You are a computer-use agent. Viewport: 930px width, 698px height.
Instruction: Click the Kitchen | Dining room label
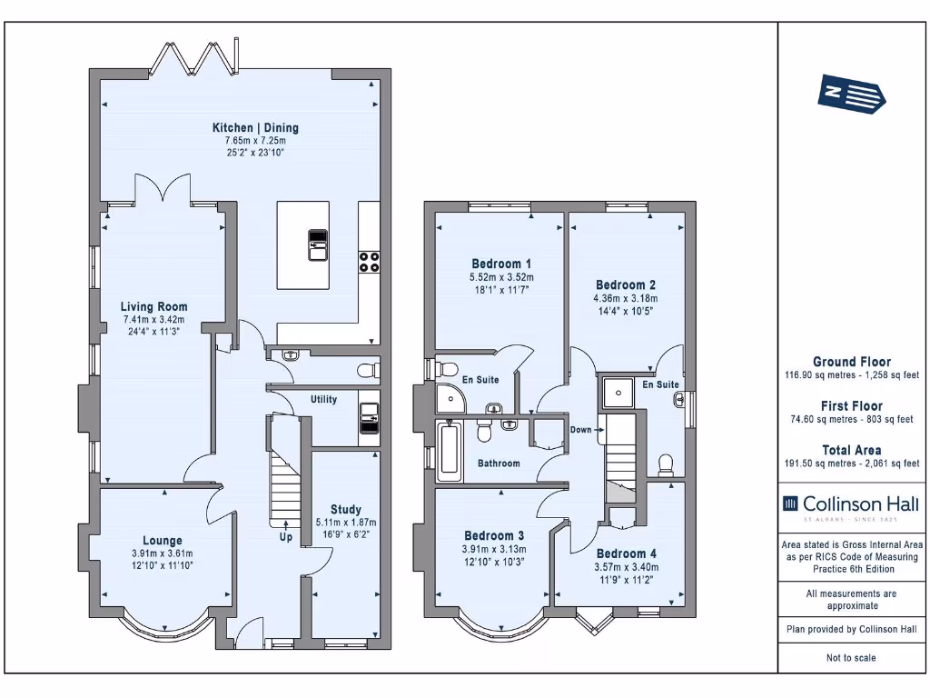pyautogui.click(x=255, y=127)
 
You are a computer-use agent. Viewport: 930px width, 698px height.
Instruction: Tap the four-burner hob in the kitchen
pyautogui.click(x=369, y=262)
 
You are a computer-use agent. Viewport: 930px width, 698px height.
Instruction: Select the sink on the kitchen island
pyautogui.click(x=318, y=244)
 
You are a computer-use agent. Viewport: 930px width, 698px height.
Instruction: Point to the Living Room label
pyautogui.click(x=153, y=307)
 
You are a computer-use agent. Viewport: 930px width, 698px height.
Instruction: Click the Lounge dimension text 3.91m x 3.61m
pyautogui.click(x=163, y=553)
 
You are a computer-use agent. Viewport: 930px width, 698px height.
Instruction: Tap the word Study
pyautogui.click(x=346, y=509)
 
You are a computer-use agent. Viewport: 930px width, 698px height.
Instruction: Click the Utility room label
pyautogui.click(x=324, y=400)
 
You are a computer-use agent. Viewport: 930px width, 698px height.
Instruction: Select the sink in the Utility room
pyautogui.click(x=369, y=418)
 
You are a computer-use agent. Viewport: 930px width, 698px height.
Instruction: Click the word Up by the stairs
pyautogui.click(x=286, y=537)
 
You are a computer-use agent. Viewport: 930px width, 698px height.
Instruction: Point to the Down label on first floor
pyautogui.click(x=580, y=430)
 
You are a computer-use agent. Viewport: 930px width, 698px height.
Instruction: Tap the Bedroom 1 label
pyautogui.click(x=501, y=264)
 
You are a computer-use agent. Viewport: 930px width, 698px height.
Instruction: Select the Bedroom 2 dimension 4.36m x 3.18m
pyautogui.click(x=626, y=298)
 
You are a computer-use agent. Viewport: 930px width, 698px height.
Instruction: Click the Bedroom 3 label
pyautogui.click(x=494, y=535)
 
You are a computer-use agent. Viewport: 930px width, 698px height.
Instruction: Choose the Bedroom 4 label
pyautogui.click(x=627, y=553)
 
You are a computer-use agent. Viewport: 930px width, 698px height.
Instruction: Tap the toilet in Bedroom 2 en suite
pyautogui.click(x=666, y=465)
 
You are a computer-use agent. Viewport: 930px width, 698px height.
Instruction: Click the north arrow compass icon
pyautogui.click(x=851, y=94)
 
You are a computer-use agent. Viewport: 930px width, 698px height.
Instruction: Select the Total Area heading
pyautogui.click(x=852, y=450)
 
